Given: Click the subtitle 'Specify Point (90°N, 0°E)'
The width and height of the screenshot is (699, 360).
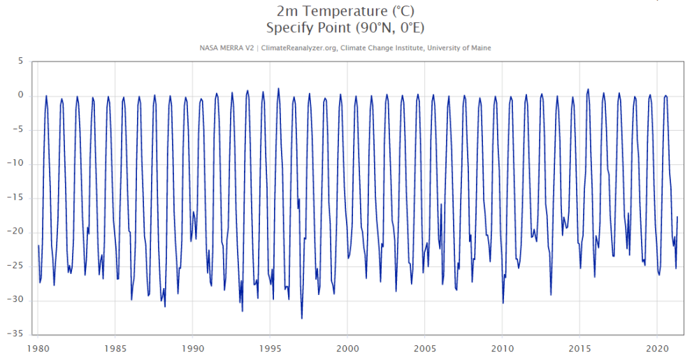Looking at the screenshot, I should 346,28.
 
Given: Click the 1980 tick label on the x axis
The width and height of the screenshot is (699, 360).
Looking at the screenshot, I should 38,347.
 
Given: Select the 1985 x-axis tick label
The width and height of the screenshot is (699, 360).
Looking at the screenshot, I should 115,347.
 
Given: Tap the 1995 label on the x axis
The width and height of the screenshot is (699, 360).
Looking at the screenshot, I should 270,347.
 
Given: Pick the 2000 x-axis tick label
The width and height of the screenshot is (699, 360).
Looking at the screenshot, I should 347,347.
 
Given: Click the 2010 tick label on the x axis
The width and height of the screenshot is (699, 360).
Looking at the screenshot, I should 502,347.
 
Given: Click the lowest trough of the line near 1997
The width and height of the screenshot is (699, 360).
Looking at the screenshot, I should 302,319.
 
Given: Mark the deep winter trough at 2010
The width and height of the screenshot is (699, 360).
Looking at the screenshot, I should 503,303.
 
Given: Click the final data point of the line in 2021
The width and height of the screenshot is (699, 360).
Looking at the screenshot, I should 677,217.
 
